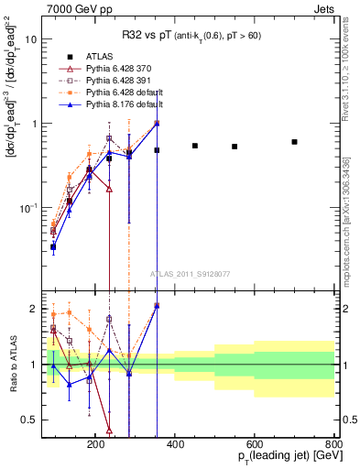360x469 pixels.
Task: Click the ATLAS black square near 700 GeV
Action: [294, 142]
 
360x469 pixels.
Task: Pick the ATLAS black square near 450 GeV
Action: [195, 146]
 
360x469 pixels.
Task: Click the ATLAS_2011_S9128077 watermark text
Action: [191, 272]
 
